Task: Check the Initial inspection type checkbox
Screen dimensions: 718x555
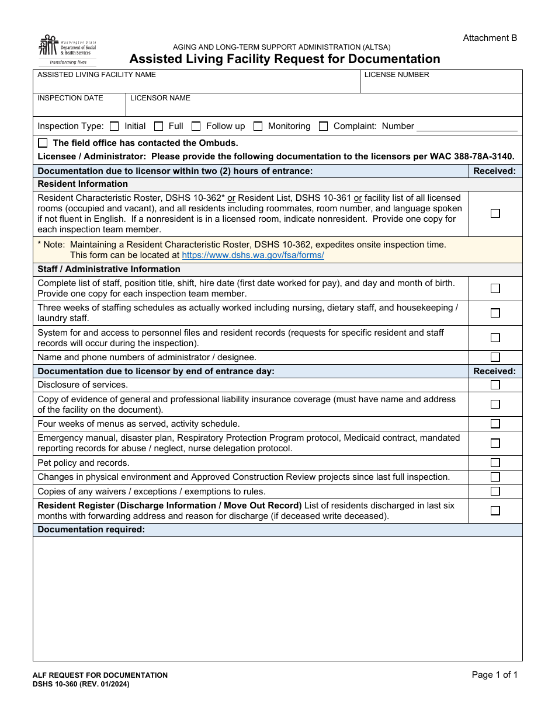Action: pyautogui.click(x=115, y=126)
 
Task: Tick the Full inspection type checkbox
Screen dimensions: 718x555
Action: pyautogui.click(x=158, y=126)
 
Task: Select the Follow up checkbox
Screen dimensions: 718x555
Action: pyautogui.click(x=196, y=126)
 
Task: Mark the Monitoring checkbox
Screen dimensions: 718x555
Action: pyautogui.click(x=258, y=126)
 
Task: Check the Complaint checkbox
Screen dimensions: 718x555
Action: pyautogui.click(x=323, y=126)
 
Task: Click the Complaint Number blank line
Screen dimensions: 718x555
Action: pyautogui.click(x=467, y=127)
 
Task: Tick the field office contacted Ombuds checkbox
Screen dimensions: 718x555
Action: pyautogui.click(x=43, y=143)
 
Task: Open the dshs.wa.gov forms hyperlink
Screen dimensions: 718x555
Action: pyautogui.click(x=253, y=255)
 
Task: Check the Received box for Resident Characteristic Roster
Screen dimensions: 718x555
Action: pyautogui.click(x=495, y=214)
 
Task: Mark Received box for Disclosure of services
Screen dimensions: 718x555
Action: pyautogui.click(x=495, y=385)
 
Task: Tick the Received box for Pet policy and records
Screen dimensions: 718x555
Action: pyautogui.click(x=495, y=463)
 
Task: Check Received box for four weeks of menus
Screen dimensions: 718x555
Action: pyautogui.click(x=495, y=424)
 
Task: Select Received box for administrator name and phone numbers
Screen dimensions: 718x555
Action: pyautogui.click(x=495, y=357)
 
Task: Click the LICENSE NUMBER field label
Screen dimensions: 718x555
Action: pyautogui.click(x=397, y=75)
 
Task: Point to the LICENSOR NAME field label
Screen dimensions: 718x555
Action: pyautogui.click(x=160, y=98)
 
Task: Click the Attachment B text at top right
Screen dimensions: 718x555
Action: pyautogui.click(x=490, y=38)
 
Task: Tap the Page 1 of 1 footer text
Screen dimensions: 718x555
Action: pyautogui.click(x=494, y=675)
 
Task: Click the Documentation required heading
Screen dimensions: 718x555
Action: pyautogui.click(x=91, y=529)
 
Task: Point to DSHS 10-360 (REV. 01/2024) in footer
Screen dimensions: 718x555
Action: pyautogui.click(x=81, y=684)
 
